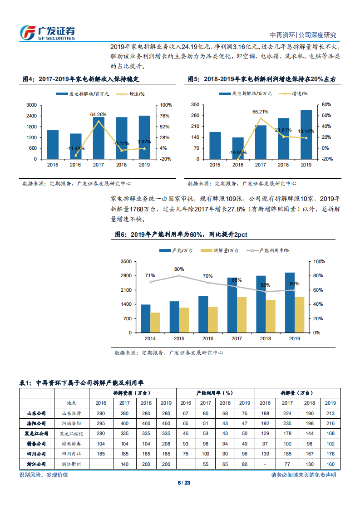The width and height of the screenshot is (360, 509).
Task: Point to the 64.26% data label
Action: point(98,114)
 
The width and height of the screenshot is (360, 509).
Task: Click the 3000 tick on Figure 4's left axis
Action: point(31,105)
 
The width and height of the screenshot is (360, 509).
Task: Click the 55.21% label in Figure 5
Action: point(261,111)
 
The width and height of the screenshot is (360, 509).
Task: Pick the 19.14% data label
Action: point(306,131)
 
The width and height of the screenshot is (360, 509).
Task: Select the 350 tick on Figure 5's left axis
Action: point(195,105)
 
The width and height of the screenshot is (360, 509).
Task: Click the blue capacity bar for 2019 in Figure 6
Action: point(290,303)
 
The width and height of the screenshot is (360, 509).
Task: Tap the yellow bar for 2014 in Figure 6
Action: point(155,323)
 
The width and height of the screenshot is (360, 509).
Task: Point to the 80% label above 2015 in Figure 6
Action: point(179,269)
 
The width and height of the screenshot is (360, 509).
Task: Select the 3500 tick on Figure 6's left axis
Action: point(126,262)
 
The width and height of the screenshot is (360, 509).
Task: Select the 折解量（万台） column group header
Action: point(297,393)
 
